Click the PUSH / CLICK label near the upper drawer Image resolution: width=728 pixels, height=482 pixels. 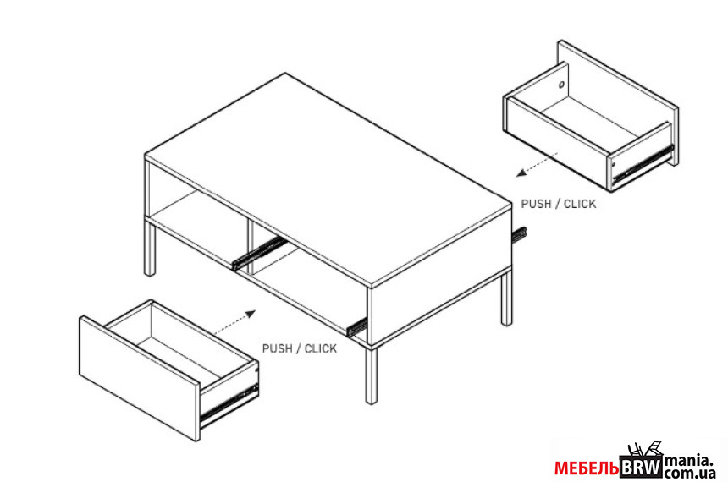[558, 204]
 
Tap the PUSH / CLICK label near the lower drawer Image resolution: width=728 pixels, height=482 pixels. [300, 348]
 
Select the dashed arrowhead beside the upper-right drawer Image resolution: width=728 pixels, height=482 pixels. [521, 173]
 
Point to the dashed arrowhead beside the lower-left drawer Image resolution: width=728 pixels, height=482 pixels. [251, 314]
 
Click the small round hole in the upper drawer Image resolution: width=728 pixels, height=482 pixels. [561, 85]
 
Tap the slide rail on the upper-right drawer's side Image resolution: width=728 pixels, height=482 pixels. [643, 164]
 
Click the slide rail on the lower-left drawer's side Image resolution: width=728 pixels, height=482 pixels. [229, 403]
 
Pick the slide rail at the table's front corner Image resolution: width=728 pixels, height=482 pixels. [356, 327]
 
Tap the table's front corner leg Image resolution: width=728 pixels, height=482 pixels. [371, 375]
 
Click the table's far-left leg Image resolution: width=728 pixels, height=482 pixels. [150, 249]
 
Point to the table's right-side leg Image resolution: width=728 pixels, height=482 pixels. [506, 299]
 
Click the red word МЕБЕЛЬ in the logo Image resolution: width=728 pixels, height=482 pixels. [587, 468]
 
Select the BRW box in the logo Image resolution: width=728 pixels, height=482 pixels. [641, 467]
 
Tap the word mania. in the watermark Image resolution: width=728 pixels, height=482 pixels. [688, 461]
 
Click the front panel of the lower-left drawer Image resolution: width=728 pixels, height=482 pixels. [140, 378]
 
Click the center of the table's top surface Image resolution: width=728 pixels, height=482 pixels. [328, 178]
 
